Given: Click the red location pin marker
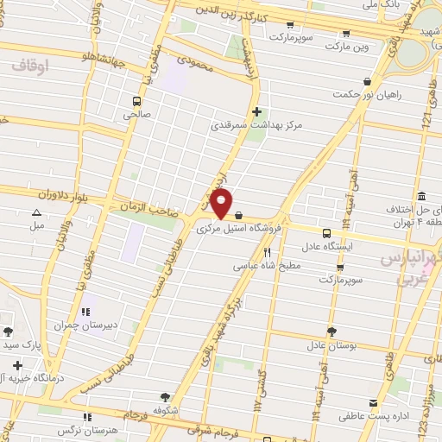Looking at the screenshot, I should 222,204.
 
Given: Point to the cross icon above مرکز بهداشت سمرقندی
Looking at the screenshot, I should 256,111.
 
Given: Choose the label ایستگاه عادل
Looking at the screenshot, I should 326,246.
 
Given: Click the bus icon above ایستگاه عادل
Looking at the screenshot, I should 326,232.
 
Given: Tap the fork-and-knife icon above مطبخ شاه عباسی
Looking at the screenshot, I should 268,252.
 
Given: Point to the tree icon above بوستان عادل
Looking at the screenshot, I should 331,331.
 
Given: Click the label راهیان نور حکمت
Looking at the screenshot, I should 348,94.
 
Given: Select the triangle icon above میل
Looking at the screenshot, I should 36,212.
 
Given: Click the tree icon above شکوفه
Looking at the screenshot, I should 165,396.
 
